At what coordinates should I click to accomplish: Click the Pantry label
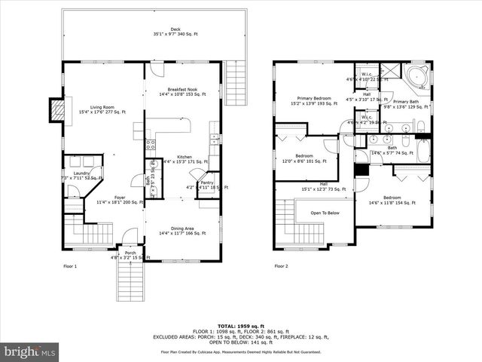pyautogui.click(x=206, y=183)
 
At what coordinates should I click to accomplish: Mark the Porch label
pyautogui.click(x=130, y=254)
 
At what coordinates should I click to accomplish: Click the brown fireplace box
pyautogui.click(x=54, y=111)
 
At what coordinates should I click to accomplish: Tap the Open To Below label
pyautogui.click(x=325, y=213)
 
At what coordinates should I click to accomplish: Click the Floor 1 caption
pyautogui.click(x=69, y=266)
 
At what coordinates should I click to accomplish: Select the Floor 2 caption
pyautogui.click(x=281, y=266)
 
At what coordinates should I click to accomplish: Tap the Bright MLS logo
pyautogui.click(x=30, y=351)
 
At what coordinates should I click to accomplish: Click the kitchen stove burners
pyautogui.click(x=150, y=144)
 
